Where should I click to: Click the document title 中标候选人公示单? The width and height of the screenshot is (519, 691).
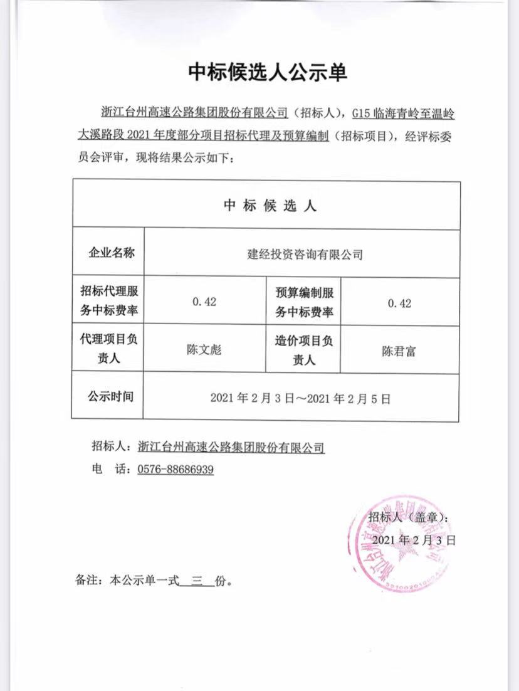point(268,73)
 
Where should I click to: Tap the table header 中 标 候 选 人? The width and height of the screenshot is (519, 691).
point(270,206)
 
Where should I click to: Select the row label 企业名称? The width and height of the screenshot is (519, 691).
point(108,253)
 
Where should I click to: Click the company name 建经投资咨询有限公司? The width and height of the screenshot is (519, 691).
point(305,254)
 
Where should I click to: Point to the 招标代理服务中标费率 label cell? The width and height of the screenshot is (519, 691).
point(108,302)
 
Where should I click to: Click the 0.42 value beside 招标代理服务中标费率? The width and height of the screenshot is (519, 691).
point(205,302)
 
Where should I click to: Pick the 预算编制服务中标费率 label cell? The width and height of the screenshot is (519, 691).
point(304,302)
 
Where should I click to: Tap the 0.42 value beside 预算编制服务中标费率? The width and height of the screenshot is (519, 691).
point(399,303)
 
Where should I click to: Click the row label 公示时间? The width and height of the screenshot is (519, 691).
point(108,396)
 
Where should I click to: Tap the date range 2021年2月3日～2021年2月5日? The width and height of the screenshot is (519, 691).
point(300,398)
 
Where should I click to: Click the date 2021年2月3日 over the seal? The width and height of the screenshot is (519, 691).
point(413,539)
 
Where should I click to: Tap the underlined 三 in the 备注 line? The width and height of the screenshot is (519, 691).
point(195,581)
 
